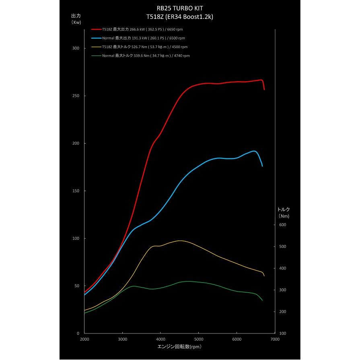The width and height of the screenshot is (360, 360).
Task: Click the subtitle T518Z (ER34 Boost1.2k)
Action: [180, 17]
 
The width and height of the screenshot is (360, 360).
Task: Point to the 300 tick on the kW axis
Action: [76, 48]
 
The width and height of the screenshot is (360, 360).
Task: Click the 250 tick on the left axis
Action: [76, 96]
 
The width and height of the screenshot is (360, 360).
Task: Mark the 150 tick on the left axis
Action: [76, 191]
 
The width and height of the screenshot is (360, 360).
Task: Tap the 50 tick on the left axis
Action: [77, 286]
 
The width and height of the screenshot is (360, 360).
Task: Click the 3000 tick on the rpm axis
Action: [122, 340]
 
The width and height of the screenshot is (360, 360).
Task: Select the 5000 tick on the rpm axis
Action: [199, 340]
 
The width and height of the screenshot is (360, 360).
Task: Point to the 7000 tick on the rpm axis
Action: [275, 340]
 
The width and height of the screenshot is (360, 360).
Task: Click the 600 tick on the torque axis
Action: [283, 225]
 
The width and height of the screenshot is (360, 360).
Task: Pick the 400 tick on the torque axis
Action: [283, 268]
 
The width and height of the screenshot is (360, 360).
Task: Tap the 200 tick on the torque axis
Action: [283, 312]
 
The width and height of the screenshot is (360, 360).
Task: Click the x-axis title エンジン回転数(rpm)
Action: [179, 346]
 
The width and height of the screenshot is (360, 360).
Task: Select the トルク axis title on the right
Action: [284, 209]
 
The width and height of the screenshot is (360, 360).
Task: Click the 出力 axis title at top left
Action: [76, 15]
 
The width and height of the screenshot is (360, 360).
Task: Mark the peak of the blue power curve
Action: [254, 151]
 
